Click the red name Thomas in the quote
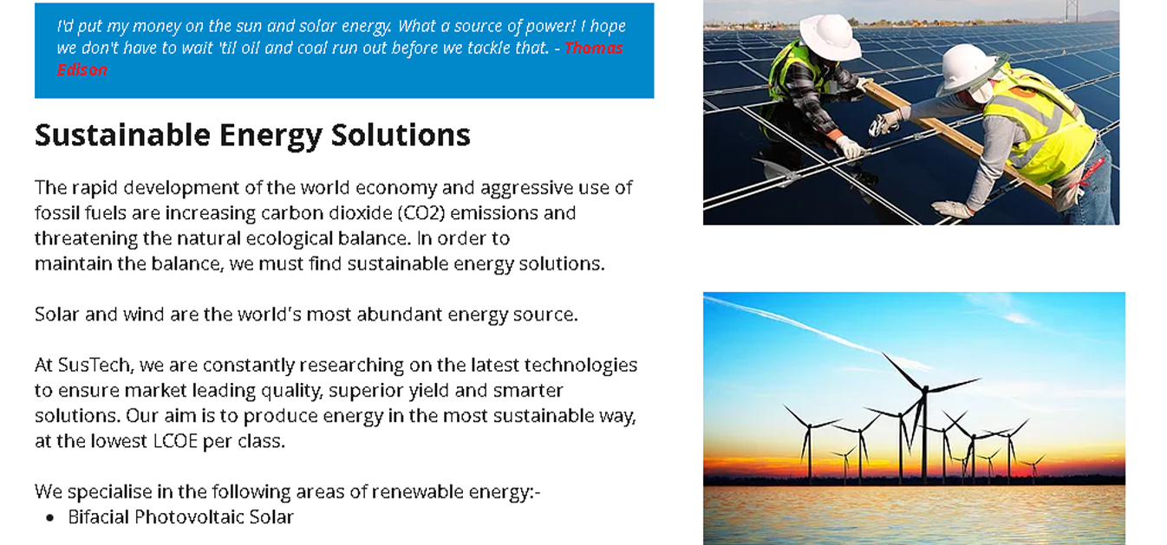pos(594,48)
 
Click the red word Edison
pos(82,70)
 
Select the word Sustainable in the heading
pos(122,135)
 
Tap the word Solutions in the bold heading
pos(401,135)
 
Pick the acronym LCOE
pos(175,441)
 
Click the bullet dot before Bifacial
pos(50,517)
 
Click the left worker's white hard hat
pos(830,36)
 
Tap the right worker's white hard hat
pos(967,69)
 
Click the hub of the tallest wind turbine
pos(925,388)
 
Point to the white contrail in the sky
pos(812,330)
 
